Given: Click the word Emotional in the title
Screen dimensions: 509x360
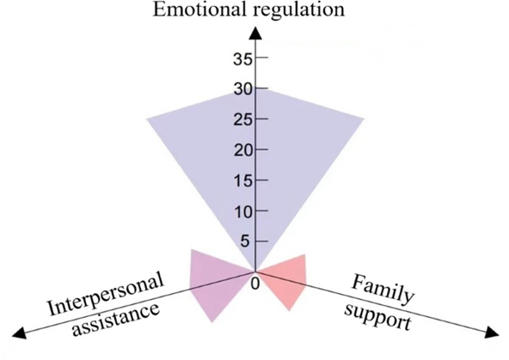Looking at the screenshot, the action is click(x=199, y=9).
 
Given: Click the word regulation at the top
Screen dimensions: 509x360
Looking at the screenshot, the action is click(x=299, y=11).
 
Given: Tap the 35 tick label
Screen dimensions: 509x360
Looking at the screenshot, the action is click(x=242, y=59).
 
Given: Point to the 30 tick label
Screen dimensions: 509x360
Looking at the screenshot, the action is click(x=243, y=89).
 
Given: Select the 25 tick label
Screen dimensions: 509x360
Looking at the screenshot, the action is click(x=242, y=120).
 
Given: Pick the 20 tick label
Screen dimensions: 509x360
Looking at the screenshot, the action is click(x=243, y=151).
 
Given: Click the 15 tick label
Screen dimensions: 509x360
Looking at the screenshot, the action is click(x=243, y=181).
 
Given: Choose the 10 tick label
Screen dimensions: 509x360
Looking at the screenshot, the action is click(x=243, y=212).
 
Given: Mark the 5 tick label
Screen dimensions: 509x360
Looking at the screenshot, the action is click(x=246, y=242).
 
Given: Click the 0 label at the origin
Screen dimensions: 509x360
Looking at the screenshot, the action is click(x=255, y=284).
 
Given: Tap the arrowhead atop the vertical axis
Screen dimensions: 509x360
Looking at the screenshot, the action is click(x=255, y=34).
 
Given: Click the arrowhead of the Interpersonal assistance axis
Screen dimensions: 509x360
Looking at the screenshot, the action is click(x=19, y=333).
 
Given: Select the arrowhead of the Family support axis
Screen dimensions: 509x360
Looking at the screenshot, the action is click(x=492, y=333).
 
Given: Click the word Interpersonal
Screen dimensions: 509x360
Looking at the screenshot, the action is click(x=105, y=293).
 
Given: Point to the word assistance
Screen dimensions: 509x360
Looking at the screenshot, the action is click(x=116, y=320).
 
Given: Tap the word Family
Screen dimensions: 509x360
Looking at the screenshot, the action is click(x=383, y=290).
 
